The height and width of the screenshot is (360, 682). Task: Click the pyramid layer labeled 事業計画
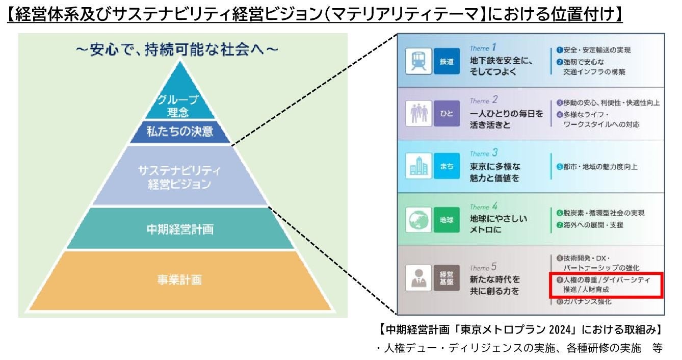click(x=180, y=280)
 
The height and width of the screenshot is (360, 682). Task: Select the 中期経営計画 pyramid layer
click(x=180, y=229)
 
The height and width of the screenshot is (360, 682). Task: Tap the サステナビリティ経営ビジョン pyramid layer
click(x=180, y=176)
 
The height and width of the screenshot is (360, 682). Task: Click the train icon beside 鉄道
click(x=416, y=61)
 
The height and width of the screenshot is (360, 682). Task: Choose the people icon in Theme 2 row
click(x=416, y=114)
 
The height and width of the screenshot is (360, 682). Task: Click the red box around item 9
click(x=606, y=286)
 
